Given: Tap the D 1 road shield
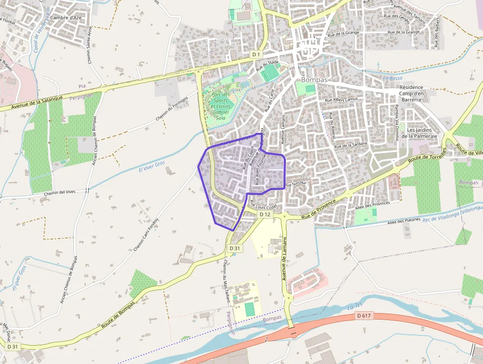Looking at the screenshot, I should pos(255,54).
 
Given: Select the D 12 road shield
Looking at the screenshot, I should pos(265,214).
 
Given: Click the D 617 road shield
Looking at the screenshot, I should pos(364,316).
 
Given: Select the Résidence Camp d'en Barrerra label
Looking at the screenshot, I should pos(411,93).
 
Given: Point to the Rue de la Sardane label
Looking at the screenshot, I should pos(350,145).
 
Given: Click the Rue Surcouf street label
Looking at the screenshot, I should pos(296,184).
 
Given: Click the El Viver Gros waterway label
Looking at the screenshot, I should pos(151,167).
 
